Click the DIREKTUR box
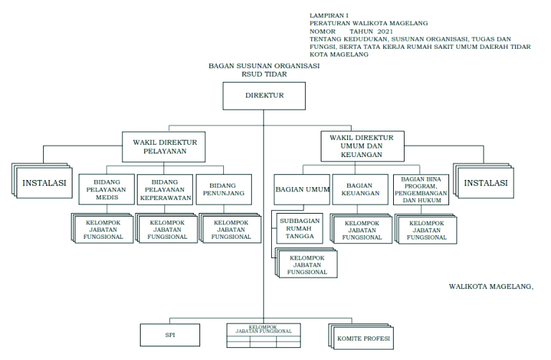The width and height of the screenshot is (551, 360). click(264, 95)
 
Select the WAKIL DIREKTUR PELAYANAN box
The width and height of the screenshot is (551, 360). click(164, 146)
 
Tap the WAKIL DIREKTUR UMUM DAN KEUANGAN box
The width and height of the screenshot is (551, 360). click(362, 146)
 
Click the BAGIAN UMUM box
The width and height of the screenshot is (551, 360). click(302, 190)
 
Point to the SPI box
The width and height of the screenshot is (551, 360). click(170, 335)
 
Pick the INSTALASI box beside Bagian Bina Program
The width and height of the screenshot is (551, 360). click(486, 183)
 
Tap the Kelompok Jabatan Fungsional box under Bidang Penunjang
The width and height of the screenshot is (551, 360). click(231, 229)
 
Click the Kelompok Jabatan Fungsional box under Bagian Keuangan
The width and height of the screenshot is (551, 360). click(362, 229)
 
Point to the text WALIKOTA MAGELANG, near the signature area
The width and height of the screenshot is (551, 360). click(491, 286)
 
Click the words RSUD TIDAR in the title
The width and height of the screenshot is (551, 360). click(263, 73)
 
